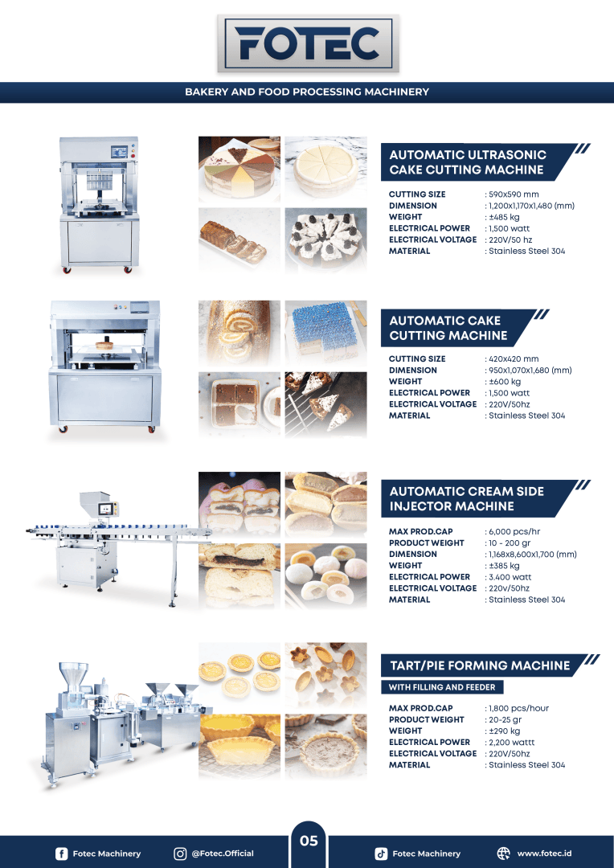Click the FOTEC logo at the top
307,43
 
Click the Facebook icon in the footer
61,854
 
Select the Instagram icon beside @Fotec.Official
180,854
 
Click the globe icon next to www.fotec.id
504,854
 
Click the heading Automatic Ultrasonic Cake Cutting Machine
467,162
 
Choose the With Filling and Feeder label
442,687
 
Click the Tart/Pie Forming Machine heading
479,665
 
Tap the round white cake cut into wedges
325,168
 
